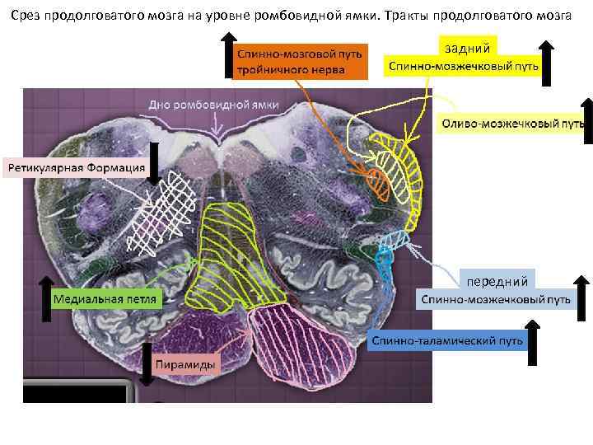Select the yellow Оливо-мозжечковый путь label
click(x=507, y=124)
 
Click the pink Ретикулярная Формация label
click(x=76, y=168)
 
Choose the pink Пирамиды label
click(x=187, y=363)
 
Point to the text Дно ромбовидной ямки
click(x=213, y=105)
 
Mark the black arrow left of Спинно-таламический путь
click(x=532, y=342)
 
